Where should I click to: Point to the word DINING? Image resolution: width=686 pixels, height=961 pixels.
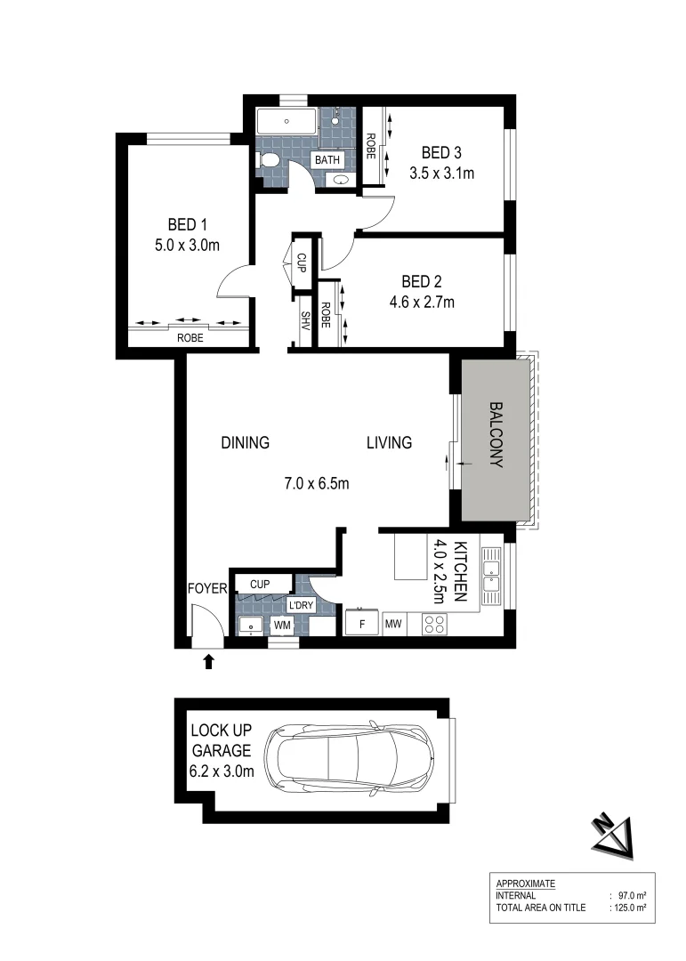point(245,442)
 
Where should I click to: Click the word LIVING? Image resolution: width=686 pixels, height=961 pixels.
point(390,442)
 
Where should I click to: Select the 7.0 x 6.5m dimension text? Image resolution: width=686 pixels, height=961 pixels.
point(316,485)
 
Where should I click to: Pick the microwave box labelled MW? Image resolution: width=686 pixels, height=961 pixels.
point(393,624)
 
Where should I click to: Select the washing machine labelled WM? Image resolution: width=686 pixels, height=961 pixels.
point(283,626)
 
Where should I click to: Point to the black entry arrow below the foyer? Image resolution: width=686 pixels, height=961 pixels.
point(209,660)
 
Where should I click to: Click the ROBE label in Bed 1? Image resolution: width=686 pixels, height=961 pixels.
point(189,338)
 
